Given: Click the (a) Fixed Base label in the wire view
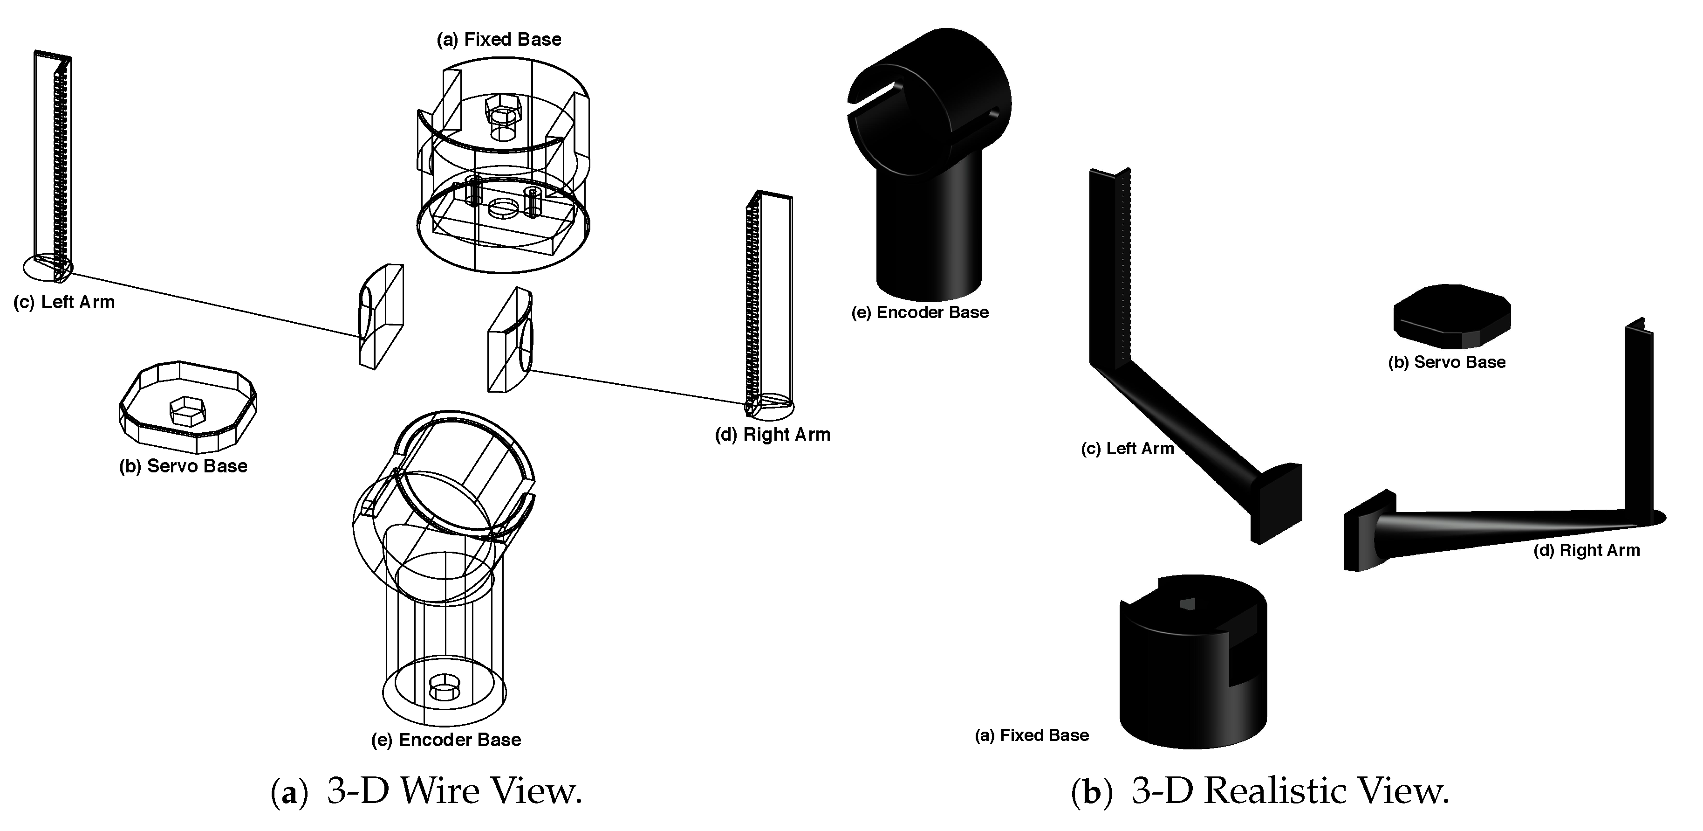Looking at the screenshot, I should (x=499, y=40).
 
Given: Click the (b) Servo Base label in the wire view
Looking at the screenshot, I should (x=183, y=466).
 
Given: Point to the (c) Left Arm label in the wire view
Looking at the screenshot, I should (x=64, y=302).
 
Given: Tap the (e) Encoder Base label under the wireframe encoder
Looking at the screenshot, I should (x=446, y=740).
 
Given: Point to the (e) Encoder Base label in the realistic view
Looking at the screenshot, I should (x=920, y=313).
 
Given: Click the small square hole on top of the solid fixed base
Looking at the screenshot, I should (x=1187, y=603).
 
